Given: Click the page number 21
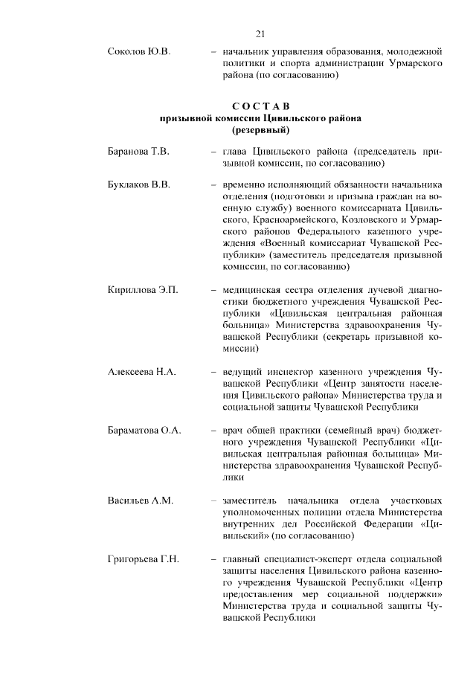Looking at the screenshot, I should click(260, 33).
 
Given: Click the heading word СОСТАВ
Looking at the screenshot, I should click(260, 105).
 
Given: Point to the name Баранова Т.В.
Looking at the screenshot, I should click(138, 152).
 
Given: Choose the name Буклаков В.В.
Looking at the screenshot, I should click(139, 184).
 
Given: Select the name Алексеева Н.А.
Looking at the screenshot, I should click(141, 371).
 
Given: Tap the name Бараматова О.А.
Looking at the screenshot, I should click(144, 431).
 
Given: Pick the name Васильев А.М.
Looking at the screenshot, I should click(140, 501).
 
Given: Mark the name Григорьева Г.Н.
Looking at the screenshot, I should click(144, 558).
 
